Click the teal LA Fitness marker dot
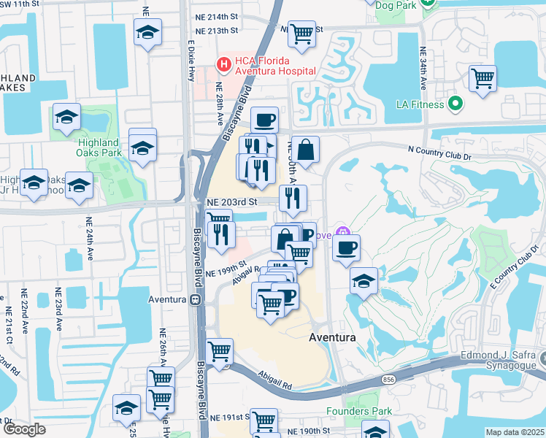(x=456, y=104)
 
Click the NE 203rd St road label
(x=233, y=201)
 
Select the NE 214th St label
(x=217, y=16)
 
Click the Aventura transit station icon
(x=195, y=299)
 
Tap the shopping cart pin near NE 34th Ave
(x=482, y=78)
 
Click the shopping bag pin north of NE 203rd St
(x=306, y=150)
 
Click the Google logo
(x=24, y=429)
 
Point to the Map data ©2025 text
(x=515, y=432)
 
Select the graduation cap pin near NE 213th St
(x=147, y=33)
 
